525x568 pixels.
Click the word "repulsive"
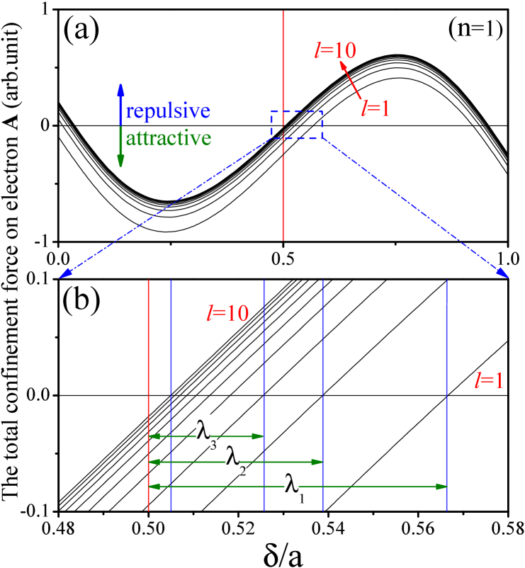coord(169,112)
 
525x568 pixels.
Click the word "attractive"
coord(169,137)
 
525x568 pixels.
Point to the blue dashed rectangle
coord(297,111)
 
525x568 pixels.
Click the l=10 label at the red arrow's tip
coord(335,50)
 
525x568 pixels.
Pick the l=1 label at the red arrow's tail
coord(376,108)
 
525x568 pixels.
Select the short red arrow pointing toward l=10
coord(351,79)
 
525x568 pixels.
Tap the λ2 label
coord(235,460)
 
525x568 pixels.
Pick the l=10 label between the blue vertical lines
coord(227,313)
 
